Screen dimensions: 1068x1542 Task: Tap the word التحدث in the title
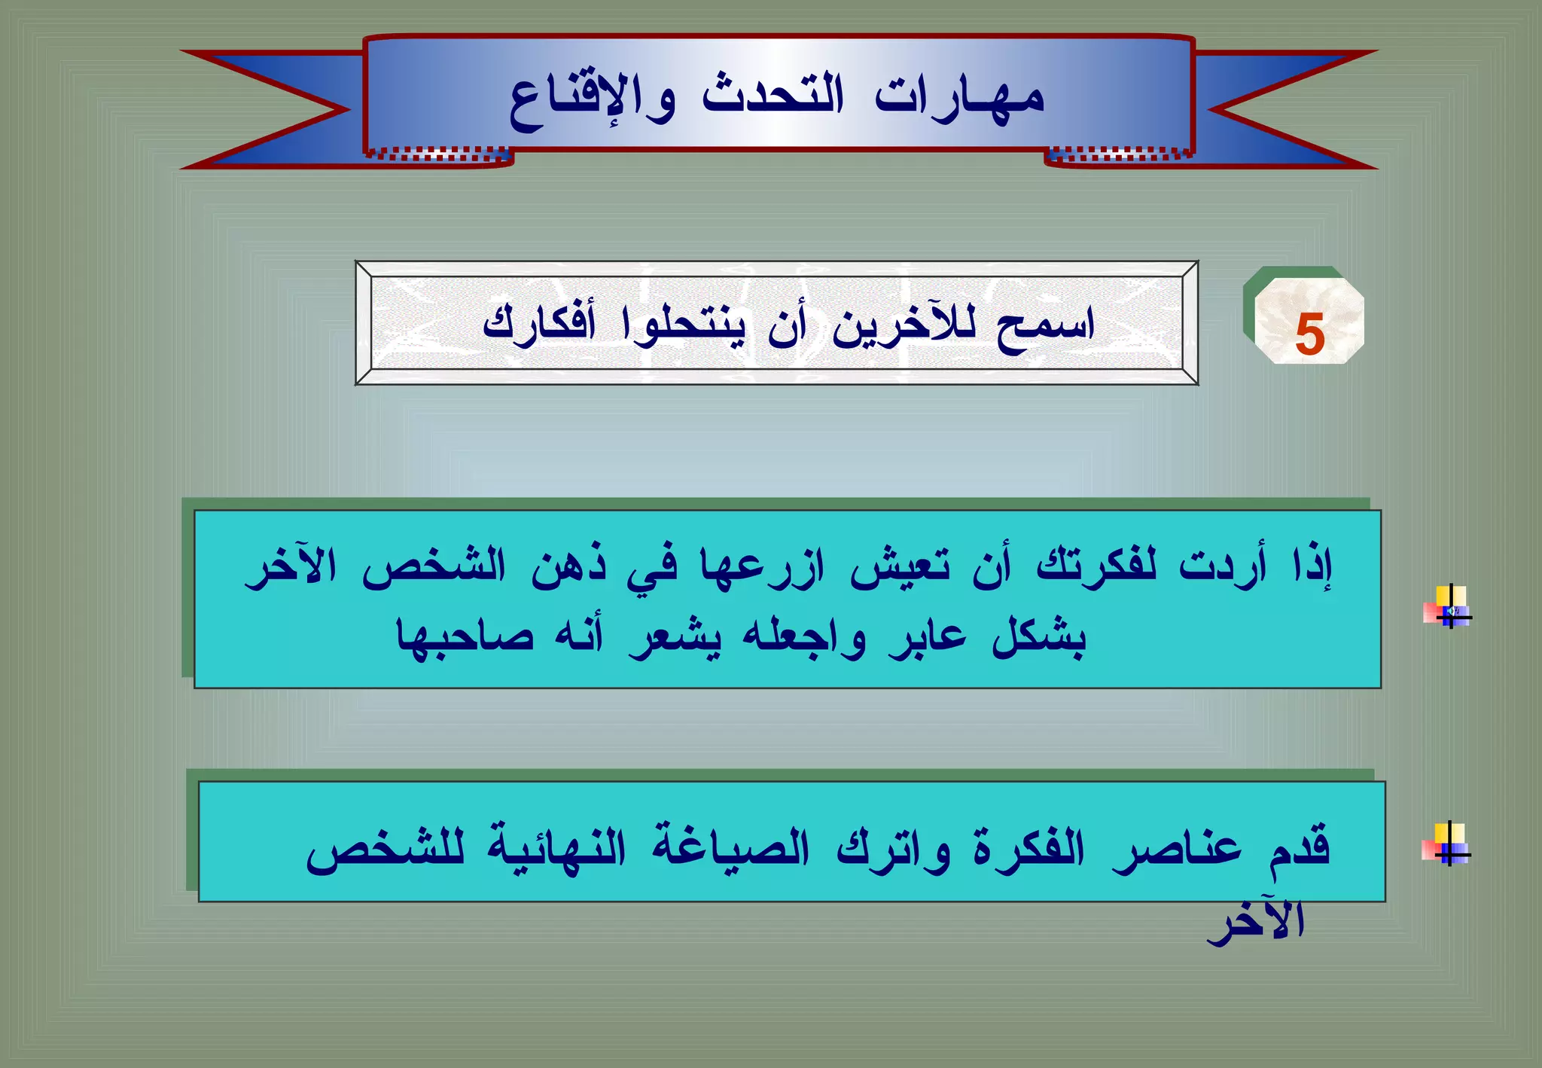pyautogui.click(x=773, y=96)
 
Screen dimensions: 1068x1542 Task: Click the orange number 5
pyautogui.click(x=1310, y=334)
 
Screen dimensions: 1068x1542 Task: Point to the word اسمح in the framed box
pyautogui.click(x=1045, y=325)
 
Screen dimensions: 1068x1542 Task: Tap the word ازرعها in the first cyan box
pyautogui.click(x=762, y=566)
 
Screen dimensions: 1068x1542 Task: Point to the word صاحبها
pyautogui.click(x=465, y=637)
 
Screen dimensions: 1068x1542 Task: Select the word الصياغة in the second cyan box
pyautogui.click(x=730, y=848)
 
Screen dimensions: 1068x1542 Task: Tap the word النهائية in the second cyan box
pyautogui.click(x=556, y=848)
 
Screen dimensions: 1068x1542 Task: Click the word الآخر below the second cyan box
pyautogui.click(x=1256, y=920)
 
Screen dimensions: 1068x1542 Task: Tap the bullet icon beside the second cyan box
pyautogui.click(x=1446, y=844)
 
